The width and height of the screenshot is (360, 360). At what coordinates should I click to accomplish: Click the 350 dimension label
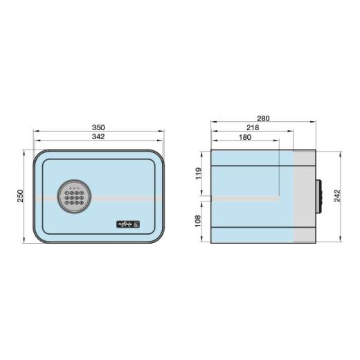click(x=98, y=127)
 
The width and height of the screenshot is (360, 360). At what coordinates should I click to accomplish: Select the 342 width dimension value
click(x=98, y=137)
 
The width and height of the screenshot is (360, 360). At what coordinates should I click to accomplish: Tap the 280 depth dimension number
click(x=263, y=118)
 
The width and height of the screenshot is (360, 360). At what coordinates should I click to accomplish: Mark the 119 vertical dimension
click(x=199, y=174)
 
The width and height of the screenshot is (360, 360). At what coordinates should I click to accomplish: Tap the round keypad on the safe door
click(x=73, y=196)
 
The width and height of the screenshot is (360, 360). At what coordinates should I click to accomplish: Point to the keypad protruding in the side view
click(x=320, y=197)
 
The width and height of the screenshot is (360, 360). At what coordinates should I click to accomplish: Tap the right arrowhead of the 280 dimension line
click(x=314, y=123)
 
